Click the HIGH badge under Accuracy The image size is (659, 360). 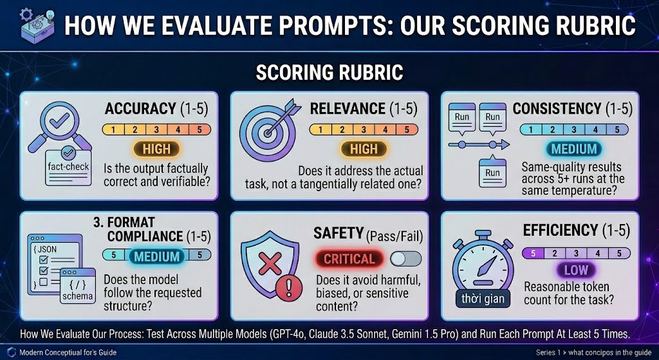pos(156,149)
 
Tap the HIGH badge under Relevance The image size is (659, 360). pos(364,149)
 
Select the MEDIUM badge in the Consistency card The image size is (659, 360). pos(573,149)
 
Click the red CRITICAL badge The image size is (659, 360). pos(349,259)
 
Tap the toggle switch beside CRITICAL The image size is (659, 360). pos(405,259)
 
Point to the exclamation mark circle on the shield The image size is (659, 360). pos(288,288)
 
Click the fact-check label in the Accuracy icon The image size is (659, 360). pos(68,167)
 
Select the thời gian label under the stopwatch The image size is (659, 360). pos(483,299)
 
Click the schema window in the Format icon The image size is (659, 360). pos(77,285)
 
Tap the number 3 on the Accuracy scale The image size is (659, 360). pos(156,129)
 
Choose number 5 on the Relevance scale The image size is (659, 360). pos(407,129)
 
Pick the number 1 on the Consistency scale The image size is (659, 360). pos(531,129)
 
